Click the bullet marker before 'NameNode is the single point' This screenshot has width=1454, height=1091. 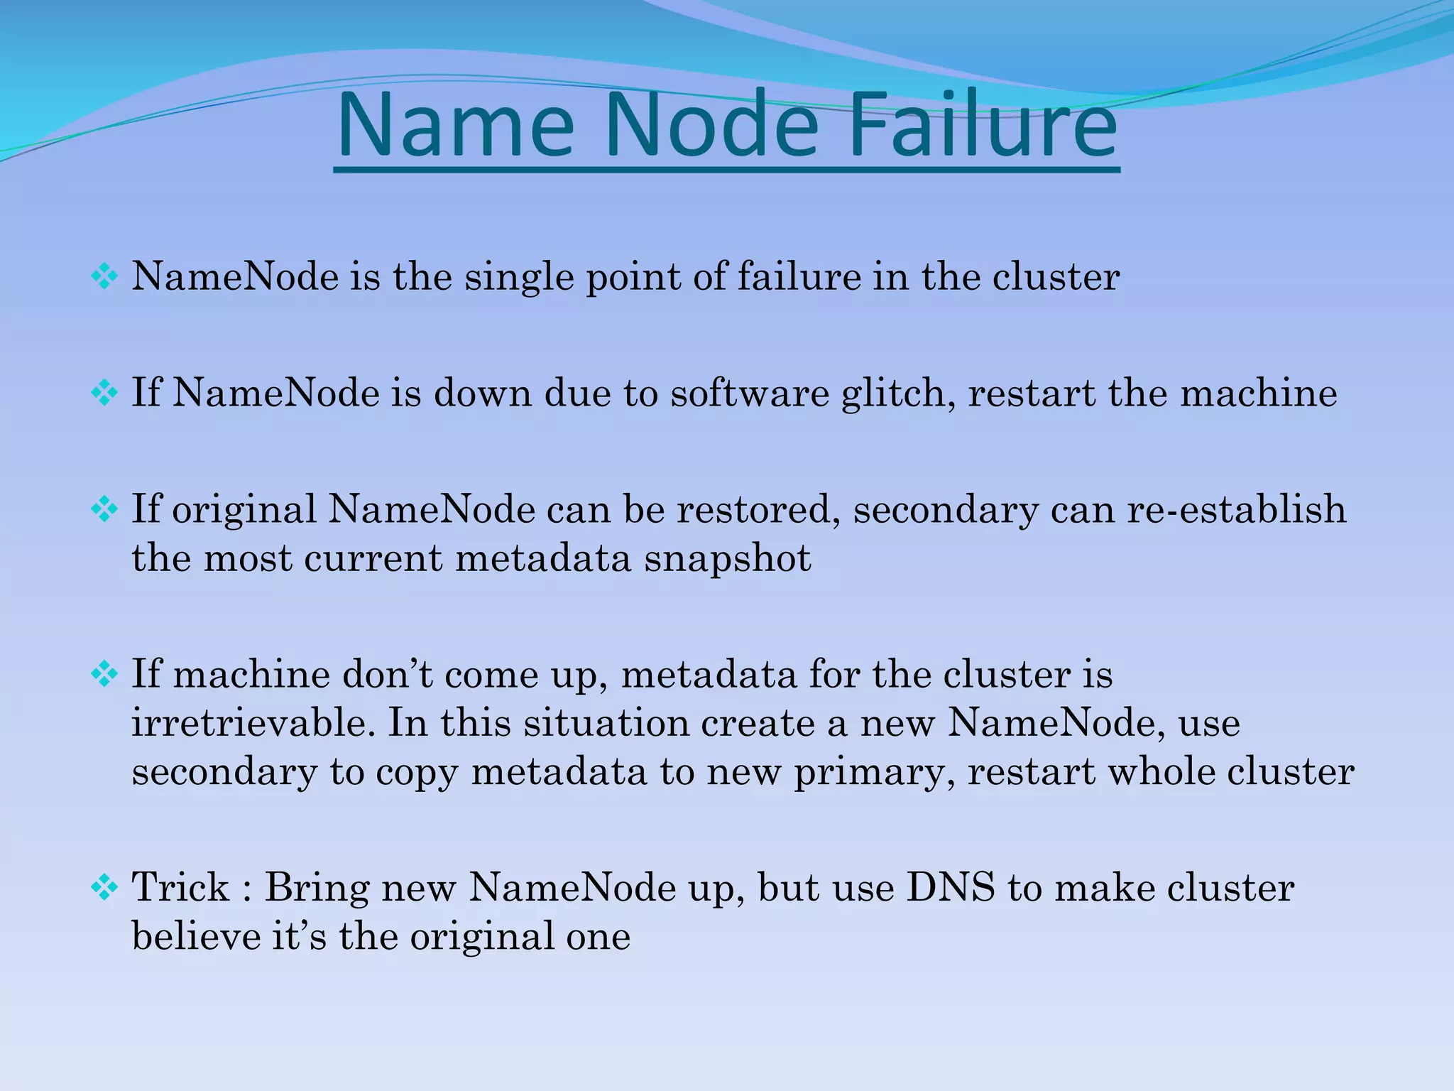click(x=104, y=277)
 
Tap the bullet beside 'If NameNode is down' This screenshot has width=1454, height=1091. click(x=104, y=393)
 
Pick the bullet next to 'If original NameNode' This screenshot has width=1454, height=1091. click(x=104, y=509)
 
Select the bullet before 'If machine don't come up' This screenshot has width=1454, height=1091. click(x=104, y=674)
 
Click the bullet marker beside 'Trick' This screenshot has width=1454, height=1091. click(x=104, y=888)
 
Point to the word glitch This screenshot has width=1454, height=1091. click(x=898, y=393)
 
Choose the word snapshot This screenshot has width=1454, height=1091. click(x=727, y=558)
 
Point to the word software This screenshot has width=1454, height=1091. click(x=750, y=393)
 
